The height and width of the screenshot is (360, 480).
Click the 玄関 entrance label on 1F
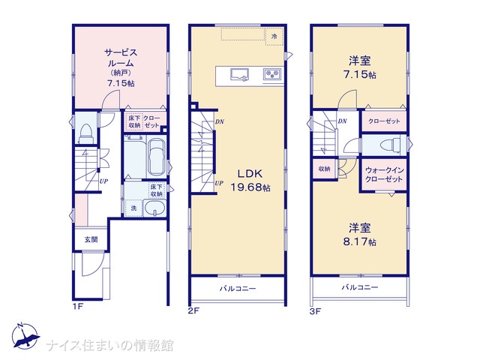pyautogui.click(x=91, y=239)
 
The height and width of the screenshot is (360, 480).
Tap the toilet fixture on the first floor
pyautogui.click(x=86, y=133)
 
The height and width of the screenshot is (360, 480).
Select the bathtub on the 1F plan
pyautogui.click(x=157, y=157)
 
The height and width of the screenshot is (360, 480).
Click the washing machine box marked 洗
pyautogui.click(x=133, y=208)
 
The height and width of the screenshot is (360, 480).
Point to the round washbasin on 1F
pyautogui.click(x=154, y=209)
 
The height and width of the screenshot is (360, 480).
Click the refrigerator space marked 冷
pyautogui.click(x=274, y=36)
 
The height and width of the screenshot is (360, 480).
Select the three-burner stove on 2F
pyautogui.click(x=272, y=74)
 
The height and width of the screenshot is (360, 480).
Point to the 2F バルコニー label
pyautogui.click(x=238, y=288)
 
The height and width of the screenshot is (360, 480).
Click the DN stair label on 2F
pyautogui.click(x=220, y=121)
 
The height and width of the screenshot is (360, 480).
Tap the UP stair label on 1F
pyautogui.click(x=103, y=181)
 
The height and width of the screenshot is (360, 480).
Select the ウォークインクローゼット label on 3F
pyautogui.click(x=384, y=174)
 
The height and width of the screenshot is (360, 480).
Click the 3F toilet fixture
pyautogui.click(x=390, y=145)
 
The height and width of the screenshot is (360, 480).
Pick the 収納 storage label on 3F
pyautogui.click(x=324, y=169)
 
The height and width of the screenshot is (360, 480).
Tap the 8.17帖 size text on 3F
pyautogui.click(x=360, y=241)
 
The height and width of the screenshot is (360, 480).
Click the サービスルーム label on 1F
pyautogui.click(x=121, y=58)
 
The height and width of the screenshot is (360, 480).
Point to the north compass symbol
pyautogui.click(x=25, y=336)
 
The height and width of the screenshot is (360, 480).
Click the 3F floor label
pyautogui.click(x=315, y=312)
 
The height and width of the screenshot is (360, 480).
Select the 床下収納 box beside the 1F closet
pyautogui.click(x=134, y=121)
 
